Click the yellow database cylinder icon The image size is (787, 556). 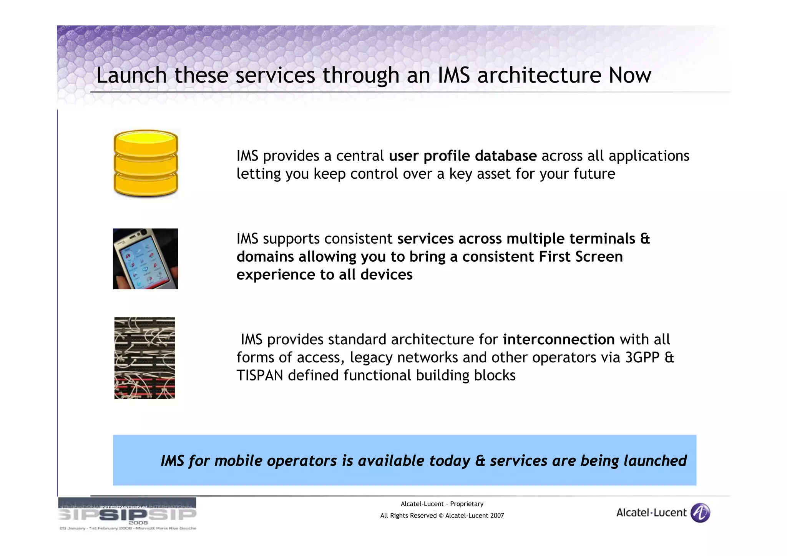(146, 163)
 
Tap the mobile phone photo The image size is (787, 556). (145, 259)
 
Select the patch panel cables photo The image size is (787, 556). (144, 358)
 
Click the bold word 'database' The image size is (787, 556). (506, 156)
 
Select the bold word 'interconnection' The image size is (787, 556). (558, 339)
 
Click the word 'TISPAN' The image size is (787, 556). (260, 375)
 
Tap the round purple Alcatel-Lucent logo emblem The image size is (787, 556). (700, 513)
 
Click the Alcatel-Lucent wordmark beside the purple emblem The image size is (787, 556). (651, 513)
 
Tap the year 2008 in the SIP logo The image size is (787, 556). (138, 523)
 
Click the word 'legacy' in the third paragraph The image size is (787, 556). (371, 357)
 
